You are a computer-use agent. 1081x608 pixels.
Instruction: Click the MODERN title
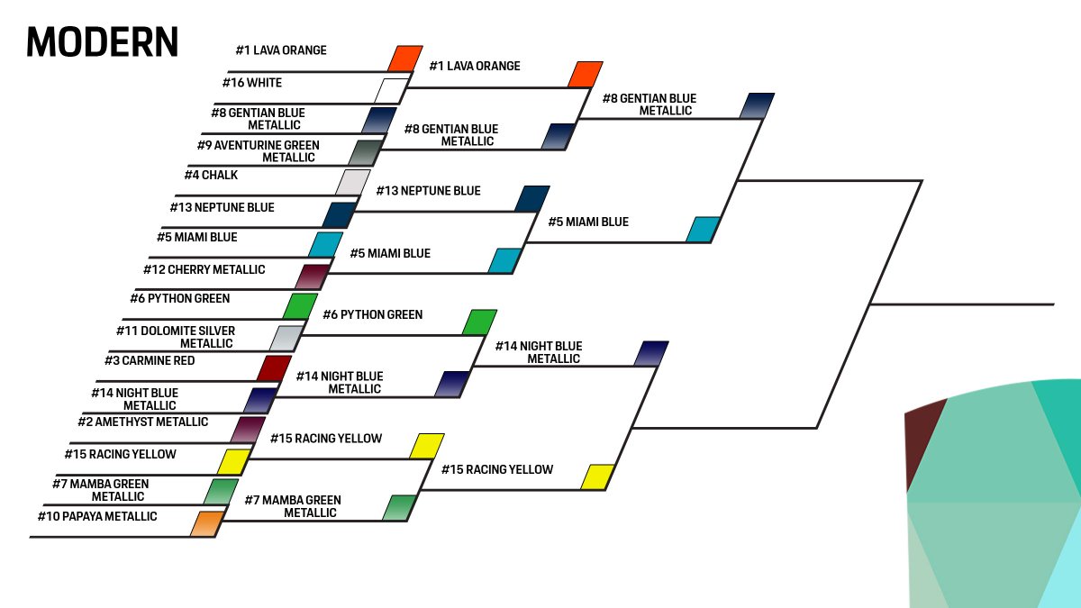[x=102, y=41]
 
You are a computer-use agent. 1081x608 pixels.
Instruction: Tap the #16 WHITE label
[x=251, y=83]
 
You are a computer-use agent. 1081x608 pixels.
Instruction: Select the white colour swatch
[x=392, y=91]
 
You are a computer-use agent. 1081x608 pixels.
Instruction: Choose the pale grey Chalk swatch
[x=353, y=182]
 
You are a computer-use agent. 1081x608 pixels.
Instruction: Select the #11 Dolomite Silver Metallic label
[x=176, y=337]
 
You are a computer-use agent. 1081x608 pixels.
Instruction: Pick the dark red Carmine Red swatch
[x=274, y=368]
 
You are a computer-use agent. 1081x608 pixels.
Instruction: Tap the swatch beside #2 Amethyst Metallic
[x=248, y=430]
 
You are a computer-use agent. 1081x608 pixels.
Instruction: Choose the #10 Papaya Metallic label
[x=97, y=516]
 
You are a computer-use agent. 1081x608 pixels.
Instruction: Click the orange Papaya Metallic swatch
[x=206, y=523]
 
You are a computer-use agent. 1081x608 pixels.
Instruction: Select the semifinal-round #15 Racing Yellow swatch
[x=597, y=476]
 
